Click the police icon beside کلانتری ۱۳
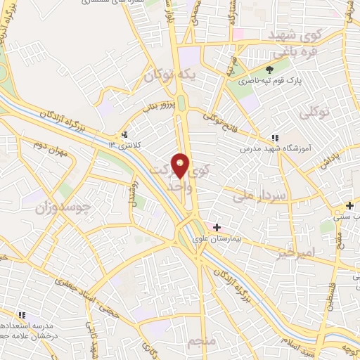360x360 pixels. [125, 134]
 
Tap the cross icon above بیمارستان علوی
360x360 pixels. [217, 227]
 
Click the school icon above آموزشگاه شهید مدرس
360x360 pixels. [274, 138]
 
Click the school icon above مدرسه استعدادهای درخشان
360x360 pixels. [22, 314]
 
